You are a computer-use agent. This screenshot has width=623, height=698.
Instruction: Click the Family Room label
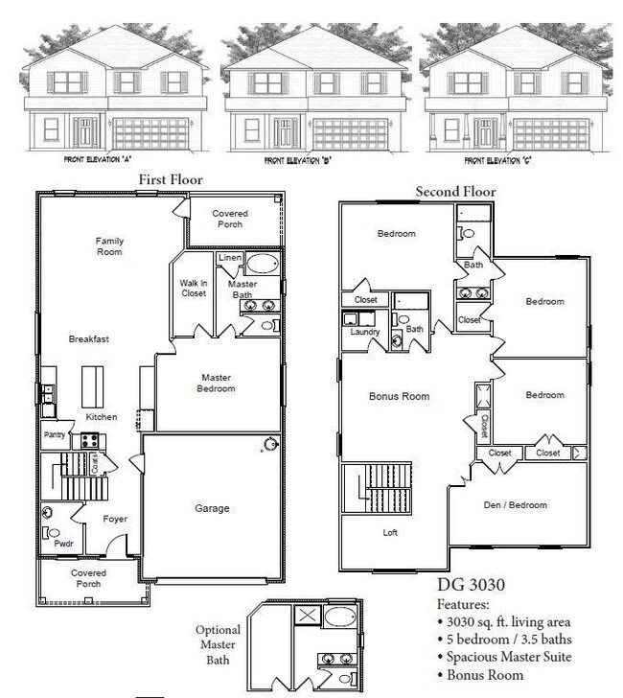tap(109, 246)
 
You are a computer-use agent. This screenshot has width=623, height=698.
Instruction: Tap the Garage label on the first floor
tap(212, 508)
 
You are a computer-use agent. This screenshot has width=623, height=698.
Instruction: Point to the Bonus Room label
tap(399, 396)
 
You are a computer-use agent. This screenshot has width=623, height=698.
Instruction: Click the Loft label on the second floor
tap(389, 532)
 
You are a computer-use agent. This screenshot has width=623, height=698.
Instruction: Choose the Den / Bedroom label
tap(516, 505)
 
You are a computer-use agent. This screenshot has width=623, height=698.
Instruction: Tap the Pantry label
tap(55, 434)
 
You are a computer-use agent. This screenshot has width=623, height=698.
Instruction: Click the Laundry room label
tap(365, 332)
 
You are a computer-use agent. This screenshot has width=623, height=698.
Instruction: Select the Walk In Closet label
tap(194, 288)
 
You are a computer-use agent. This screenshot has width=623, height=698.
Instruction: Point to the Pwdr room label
tap(63, 543)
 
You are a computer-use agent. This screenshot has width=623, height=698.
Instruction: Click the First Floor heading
tap(170, 179)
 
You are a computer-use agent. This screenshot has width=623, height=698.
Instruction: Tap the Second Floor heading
tap(455, 192)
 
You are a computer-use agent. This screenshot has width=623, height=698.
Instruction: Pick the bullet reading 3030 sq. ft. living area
tap(508, 622)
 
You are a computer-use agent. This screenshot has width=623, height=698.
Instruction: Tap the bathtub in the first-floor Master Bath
tap(262, 265)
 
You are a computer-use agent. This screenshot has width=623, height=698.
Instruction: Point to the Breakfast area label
tap(87, 338)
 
